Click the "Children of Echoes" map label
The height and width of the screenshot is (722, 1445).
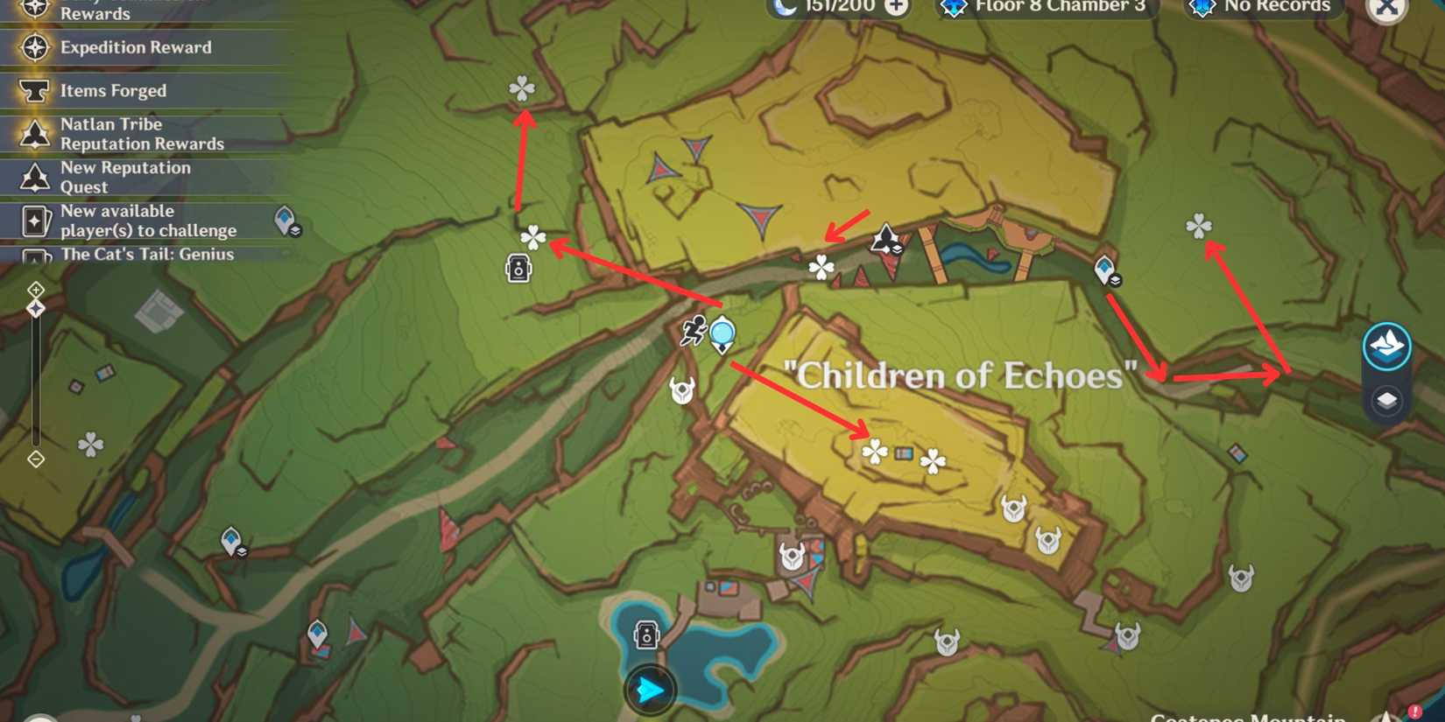tap(960, 376)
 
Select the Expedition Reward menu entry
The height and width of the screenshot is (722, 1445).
tap(136, 47)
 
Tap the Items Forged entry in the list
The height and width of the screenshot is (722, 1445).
tap(113, 90)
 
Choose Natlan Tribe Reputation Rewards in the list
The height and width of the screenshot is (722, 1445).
tap(142, 134)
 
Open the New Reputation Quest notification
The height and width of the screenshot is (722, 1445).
tap(125, 177)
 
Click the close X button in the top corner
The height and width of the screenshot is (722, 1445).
tap(1386, 8)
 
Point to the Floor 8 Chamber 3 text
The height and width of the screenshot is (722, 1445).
tap(1060, 7)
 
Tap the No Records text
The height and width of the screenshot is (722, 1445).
tap(1277, 7)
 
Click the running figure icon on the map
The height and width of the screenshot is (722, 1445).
tap(694, 331)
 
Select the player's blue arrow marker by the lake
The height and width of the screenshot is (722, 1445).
tap(649, 690)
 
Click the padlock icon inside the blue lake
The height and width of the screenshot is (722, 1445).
tap(646, 635)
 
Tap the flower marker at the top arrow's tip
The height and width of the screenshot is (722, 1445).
tap(522, 88)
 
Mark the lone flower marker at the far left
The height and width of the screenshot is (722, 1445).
tap(90, 445)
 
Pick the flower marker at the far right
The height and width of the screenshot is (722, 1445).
tap(1198, 227)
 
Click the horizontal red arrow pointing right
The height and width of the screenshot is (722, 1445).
tap(1226, 377)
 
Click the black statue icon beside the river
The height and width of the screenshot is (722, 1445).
tap(885, 238)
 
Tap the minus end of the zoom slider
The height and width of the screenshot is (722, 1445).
tap(36, 459)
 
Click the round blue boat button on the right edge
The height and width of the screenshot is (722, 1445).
tap(1386, 347)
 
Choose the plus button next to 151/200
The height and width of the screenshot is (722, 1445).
tap(896, 7)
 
